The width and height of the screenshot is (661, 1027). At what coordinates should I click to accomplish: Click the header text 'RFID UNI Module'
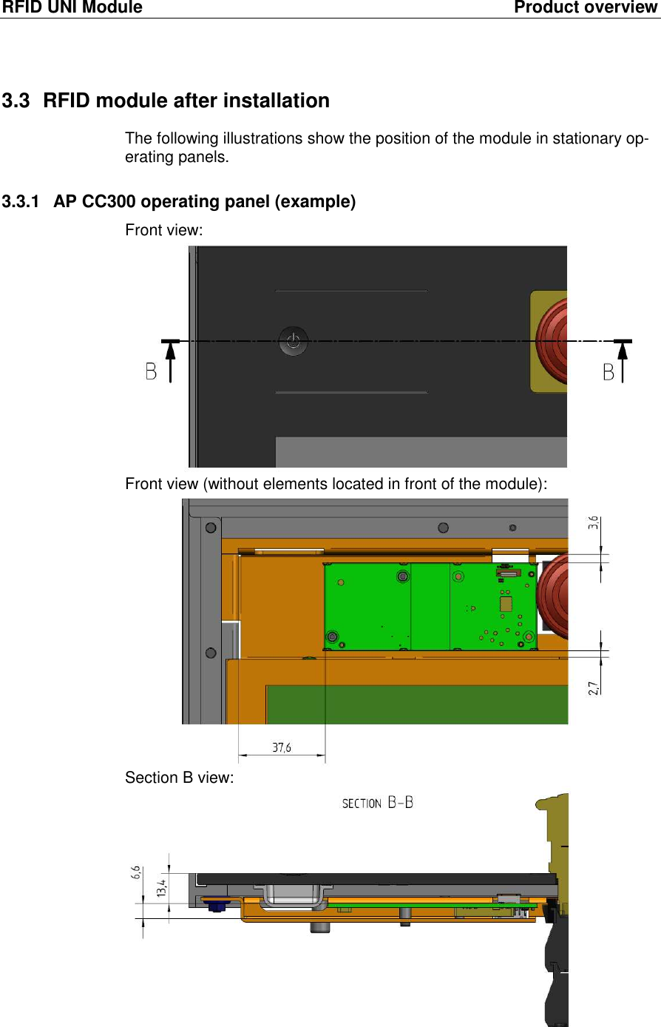[x=72, y=8]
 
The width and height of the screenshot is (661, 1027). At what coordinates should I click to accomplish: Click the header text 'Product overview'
[x=585, y=8]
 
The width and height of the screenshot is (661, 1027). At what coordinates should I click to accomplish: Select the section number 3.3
[x=16, y=101]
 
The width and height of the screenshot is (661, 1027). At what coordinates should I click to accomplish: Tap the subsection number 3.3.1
[x=20, y=202]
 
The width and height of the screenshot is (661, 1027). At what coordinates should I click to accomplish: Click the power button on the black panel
[x=294, y=341]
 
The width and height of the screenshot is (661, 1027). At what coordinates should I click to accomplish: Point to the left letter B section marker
[x=151, y=371]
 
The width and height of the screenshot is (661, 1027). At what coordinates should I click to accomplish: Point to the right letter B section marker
[x=609, y=371]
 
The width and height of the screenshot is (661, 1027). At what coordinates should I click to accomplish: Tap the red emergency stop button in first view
[x=553, y=340]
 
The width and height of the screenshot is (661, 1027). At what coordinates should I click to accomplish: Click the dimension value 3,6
[x=593, y=523]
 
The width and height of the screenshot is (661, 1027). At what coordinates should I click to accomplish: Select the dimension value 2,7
[x=593, y=688]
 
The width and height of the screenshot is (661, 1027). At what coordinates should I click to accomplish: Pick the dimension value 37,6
[x=282, y=747]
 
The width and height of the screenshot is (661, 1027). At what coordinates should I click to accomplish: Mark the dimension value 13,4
[x=161, y=885]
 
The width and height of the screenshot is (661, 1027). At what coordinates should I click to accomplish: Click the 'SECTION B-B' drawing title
[x=377, y=803]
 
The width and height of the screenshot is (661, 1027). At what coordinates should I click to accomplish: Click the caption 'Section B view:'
[x=179, y=778]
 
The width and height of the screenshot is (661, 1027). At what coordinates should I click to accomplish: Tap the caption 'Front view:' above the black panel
[x=163, y=230]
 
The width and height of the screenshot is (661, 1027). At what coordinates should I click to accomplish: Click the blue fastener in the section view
[x=216, y=906]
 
